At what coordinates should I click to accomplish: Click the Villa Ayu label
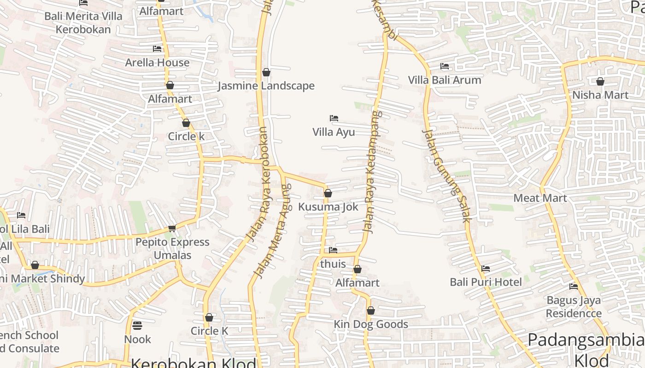pos(334,132)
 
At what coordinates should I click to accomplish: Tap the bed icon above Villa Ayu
pos(334,119)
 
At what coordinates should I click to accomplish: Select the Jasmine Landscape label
pos(266,86)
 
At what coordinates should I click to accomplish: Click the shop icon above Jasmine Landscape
pos(266,72)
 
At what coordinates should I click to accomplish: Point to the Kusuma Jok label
pos(328,207)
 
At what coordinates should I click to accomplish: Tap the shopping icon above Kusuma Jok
pos(328,193)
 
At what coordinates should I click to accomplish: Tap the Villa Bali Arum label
pos(444,80)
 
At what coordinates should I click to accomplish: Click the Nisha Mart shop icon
pos(600,82)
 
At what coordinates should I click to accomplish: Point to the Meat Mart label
pos(540,198)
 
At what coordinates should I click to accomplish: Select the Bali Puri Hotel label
pos(486,282)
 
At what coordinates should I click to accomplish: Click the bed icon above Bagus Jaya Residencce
pos(574,287)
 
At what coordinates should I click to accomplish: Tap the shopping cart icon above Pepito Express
pos(172,229)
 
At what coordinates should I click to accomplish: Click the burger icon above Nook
pos(137,326)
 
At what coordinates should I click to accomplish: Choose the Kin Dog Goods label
pos(370,324)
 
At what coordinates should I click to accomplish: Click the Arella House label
pos(157,62)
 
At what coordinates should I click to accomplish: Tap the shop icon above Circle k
pos(186,123)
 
